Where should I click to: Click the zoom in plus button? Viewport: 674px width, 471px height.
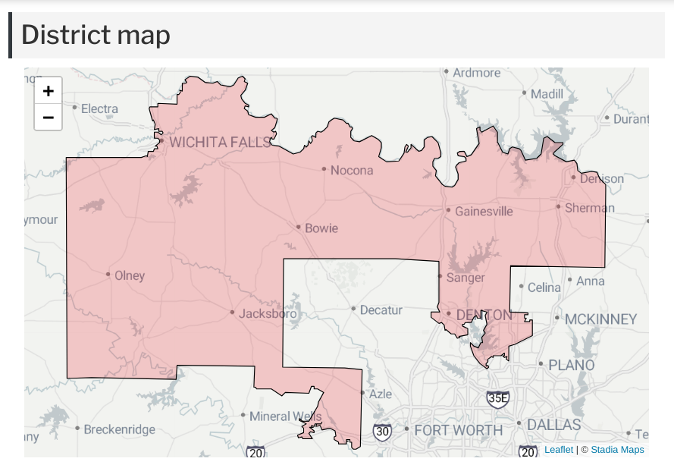[49, 91]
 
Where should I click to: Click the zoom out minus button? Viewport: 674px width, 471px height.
[49, 117]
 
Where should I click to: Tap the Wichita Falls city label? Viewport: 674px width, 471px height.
[219, 142]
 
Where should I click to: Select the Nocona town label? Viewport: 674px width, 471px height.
[352, 170]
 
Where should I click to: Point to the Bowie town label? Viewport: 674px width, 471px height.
[321, 228]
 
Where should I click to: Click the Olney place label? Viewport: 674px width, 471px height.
[129, 275]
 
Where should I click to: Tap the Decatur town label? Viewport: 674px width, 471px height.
[381, 309]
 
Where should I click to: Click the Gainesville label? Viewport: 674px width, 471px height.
[484, 211]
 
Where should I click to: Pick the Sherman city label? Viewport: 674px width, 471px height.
[590, 207]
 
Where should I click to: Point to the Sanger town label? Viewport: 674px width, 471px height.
[466, 278]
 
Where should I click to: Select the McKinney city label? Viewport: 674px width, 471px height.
[600, 319]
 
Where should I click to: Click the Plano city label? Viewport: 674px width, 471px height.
[571, 365]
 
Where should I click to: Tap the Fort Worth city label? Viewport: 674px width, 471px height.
[458, 430]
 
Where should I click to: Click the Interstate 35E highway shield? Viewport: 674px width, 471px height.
[498, 397]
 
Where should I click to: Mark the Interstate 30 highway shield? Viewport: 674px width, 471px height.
[382, 432]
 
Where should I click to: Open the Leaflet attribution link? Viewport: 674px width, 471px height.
[559, 450]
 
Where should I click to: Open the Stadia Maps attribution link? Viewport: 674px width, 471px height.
[617, 450]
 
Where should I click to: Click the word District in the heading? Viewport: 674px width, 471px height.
[64, 34]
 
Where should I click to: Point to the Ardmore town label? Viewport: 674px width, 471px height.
[477, 73]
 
